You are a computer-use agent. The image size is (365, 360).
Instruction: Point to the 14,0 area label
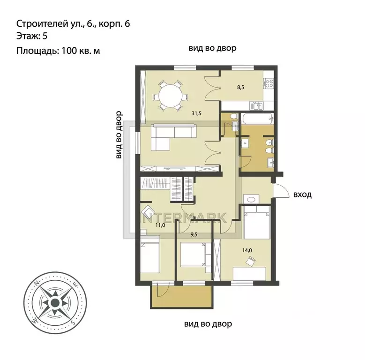click(x=247, y=250)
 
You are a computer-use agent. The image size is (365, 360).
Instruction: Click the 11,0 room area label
click(x=160, y=225)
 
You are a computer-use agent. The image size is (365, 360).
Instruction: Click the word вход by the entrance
click(x=302, y=195)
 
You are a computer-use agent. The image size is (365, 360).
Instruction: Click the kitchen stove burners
click(x=269, y=84)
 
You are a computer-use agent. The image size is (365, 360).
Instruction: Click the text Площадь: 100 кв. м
click(x=59, y=51)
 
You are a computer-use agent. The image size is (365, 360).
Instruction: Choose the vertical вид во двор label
click(x=119, y=135)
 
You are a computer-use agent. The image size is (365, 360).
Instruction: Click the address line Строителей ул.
click(x=73, y=23)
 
